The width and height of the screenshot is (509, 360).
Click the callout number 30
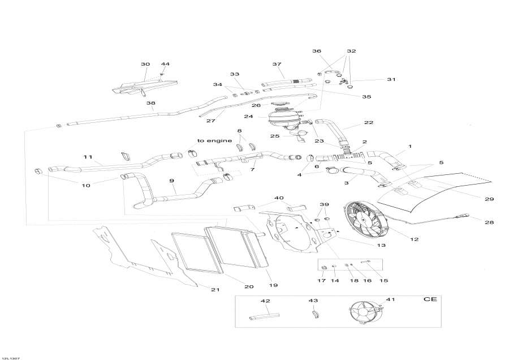coord(145,65)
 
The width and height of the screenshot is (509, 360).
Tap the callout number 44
coord(165,65)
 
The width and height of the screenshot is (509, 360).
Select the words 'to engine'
coord(215,140)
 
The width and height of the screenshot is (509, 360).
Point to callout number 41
coord(390,300)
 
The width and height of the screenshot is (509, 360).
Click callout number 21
coord(215,290)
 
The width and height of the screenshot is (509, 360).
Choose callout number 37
coord(277,65)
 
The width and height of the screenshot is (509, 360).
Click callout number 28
coord(489,222)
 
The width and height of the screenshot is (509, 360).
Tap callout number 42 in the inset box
coord(265,301)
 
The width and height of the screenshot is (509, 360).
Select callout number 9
coord(171,181)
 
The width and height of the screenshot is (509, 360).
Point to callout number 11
coord(88,157)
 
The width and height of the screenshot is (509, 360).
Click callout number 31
coord(391,79)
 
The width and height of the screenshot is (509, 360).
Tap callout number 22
coord(369,123)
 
